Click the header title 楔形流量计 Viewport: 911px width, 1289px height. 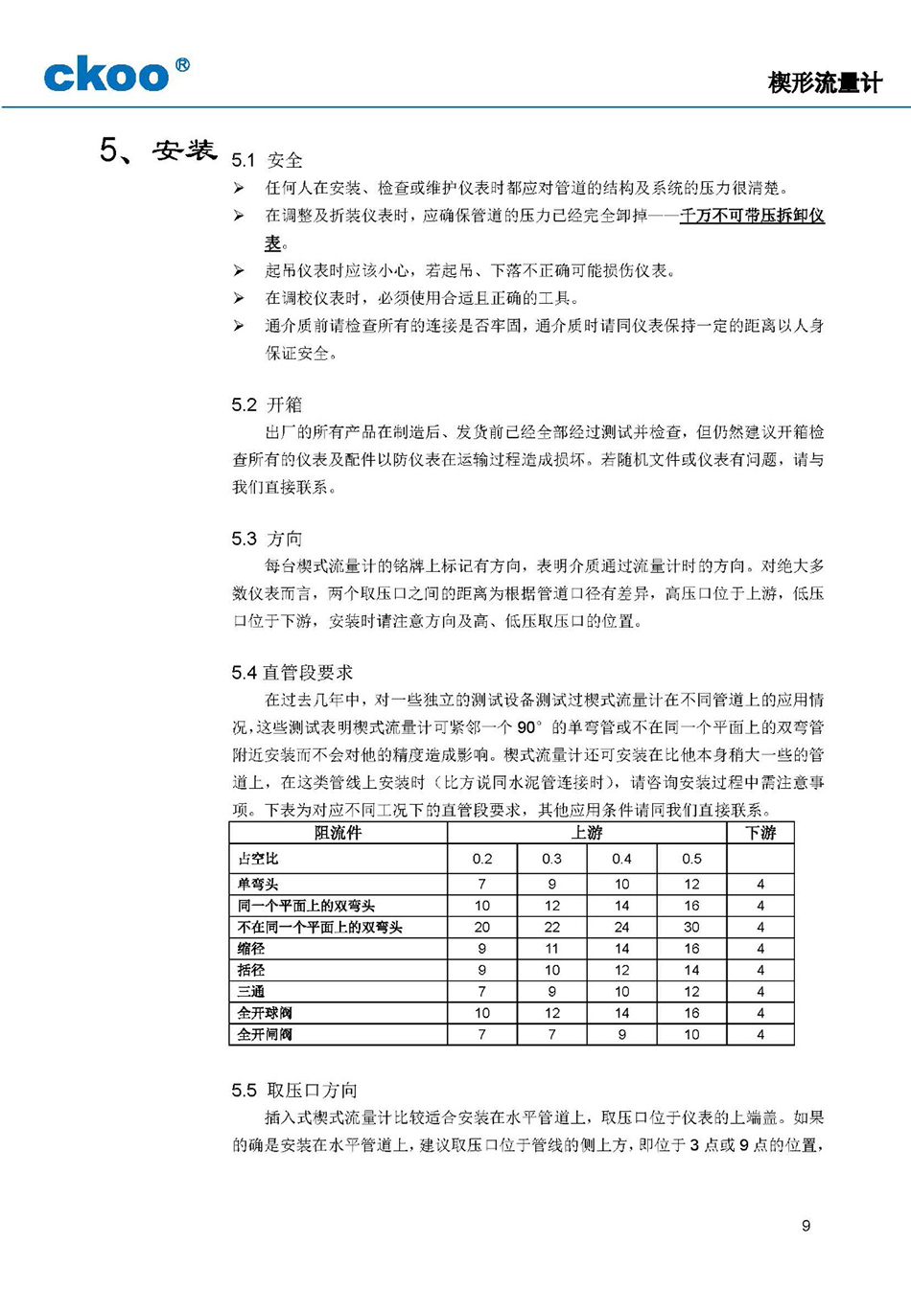coord(824,82)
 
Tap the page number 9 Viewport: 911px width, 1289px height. coord(806,1225)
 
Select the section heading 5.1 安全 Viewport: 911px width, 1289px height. coord(267,160)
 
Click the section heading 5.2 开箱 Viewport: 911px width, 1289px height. coord(267,404)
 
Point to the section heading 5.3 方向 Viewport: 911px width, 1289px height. coord(267,539)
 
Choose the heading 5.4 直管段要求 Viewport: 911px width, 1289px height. coord(292,673)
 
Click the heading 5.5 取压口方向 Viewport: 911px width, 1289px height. coord(294,1090)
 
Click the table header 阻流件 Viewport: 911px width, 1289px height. coord(339,833)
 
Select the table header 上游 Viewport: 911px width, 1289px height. coord(587,833)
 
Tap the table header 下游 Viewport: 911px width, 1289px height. coord(760,833)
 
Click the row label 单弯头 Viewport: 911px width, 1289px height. coord(258,884)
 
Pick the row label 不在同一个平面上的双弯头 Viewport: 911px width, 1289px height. coord(319,927)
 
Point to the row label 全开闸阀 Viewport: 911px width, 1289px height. coord(265,1034)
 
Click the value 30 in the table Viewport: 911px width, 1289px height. coord(691,927)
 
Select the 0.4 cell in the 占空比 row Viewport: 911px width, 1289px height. coord(621,859)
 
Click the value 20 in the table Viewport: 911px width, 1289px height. coord(481,927)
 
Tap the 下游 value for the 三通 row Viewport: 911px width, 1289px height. coord(760,991)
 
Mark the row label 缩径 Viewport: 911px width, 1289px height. coord(251,948)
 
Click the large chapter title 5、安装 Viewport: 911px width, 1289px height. coord(158,150)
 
